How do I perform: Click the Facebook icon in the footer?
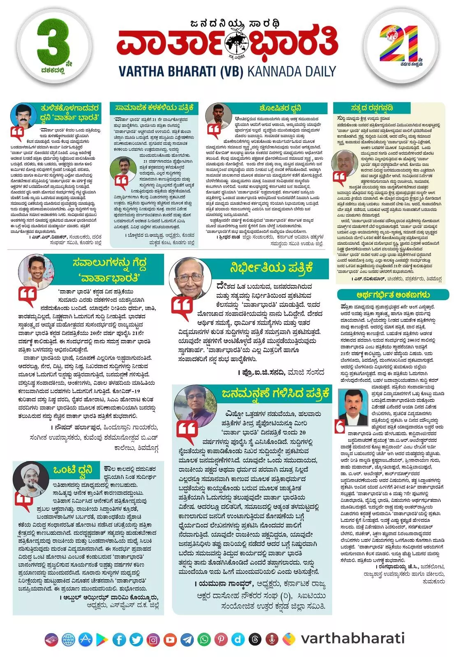click(x=120, y=639)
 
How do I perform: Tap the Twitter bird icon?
click(x=136, y=639)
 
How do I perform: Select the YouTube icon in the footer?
click(x=170, y=639)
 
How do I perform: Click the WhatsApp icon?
click(x=204, y=639)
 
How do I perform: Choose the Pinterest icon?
click(x=221, y=639)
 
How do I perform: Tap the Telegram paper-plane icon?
click(x=187, y=639)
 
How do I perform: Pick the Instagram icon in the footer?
click(x=153, y=639)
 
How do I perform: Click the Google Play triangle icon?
click(x=102, y=639)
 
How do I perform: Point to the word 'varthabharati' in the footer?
click(x=352, y=639)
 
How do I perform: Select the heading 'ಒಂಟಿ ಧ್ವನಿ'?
click(x=73, y=469)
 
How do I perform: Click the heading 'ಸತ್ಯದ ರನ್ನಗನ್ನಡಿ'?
click(x=372, y=108)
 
